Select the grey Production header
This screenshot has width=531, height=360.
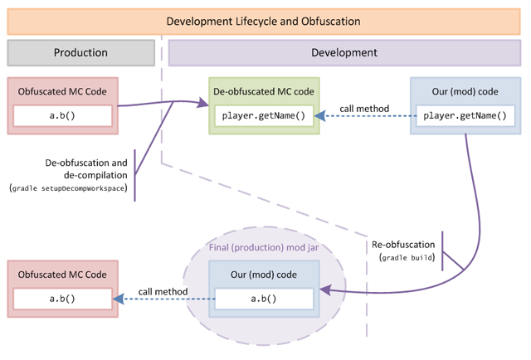(x=80, y=52)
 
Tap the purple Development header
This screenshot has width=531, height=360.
(x=343, y=52)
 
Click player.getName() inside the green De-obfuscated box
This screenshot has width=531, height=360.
(x=264, y=116)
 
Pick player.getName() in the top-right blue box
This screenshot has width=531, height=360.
(x=465, y=116)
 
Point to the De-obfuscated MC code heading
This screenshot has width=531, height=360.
(x=264, y=90)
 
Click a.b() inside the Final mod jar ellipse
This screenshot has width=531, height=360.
(x=264, y=299)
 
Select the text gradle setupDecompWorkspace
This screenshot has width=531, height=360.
(x=69, y=189)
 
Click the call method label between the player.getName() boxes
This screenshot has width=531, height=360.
(x=365, y=109)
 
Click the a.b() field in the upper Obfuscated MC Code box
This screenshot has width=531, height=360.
(x=62, y=116)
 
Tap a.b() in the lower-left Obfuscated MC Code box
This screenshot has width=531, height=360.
(x=62, y=299)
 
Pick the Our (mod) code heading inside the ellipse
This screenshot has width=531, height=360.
(x=263, y=275)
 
